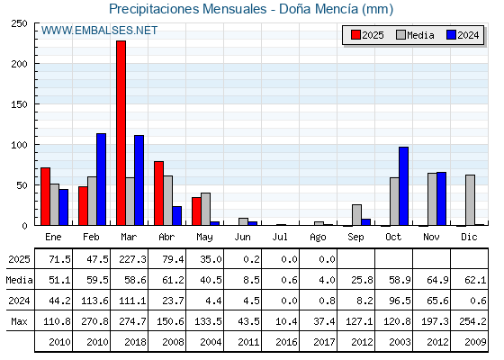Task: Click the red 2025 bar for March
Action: (121, 133)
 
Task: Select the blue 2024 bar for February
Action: (101, 179)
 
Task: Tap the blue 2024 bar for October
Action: (404, 186)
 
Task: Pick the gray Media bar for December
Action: (470, 200)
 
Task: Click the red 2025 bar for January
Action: (46, 196)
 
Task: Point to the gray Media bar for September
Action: (356, 215)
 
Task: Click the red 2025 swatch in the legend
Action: (355, 35)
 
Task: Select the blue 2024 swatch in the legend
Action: (451, 35)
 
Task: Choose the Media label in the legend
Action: (420, 35)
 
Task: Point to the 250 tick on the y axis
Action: (19, 23)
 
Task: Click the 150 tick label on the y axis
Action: (19, 104)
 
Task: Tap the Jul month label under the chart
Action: (280, 237)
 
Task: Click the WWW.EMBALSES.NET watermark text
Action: (99, 31)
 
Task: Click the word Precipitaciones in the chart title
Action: (154, 9)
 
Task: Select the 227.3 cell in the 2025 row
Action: (132, 259)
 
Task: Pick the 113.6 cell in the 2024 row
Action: (94, 301)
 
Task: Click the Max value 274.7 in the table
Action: (132, 321)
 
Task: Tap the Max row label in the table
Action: (19, 321)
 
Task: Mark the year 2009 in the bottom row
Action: (475, 342)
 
